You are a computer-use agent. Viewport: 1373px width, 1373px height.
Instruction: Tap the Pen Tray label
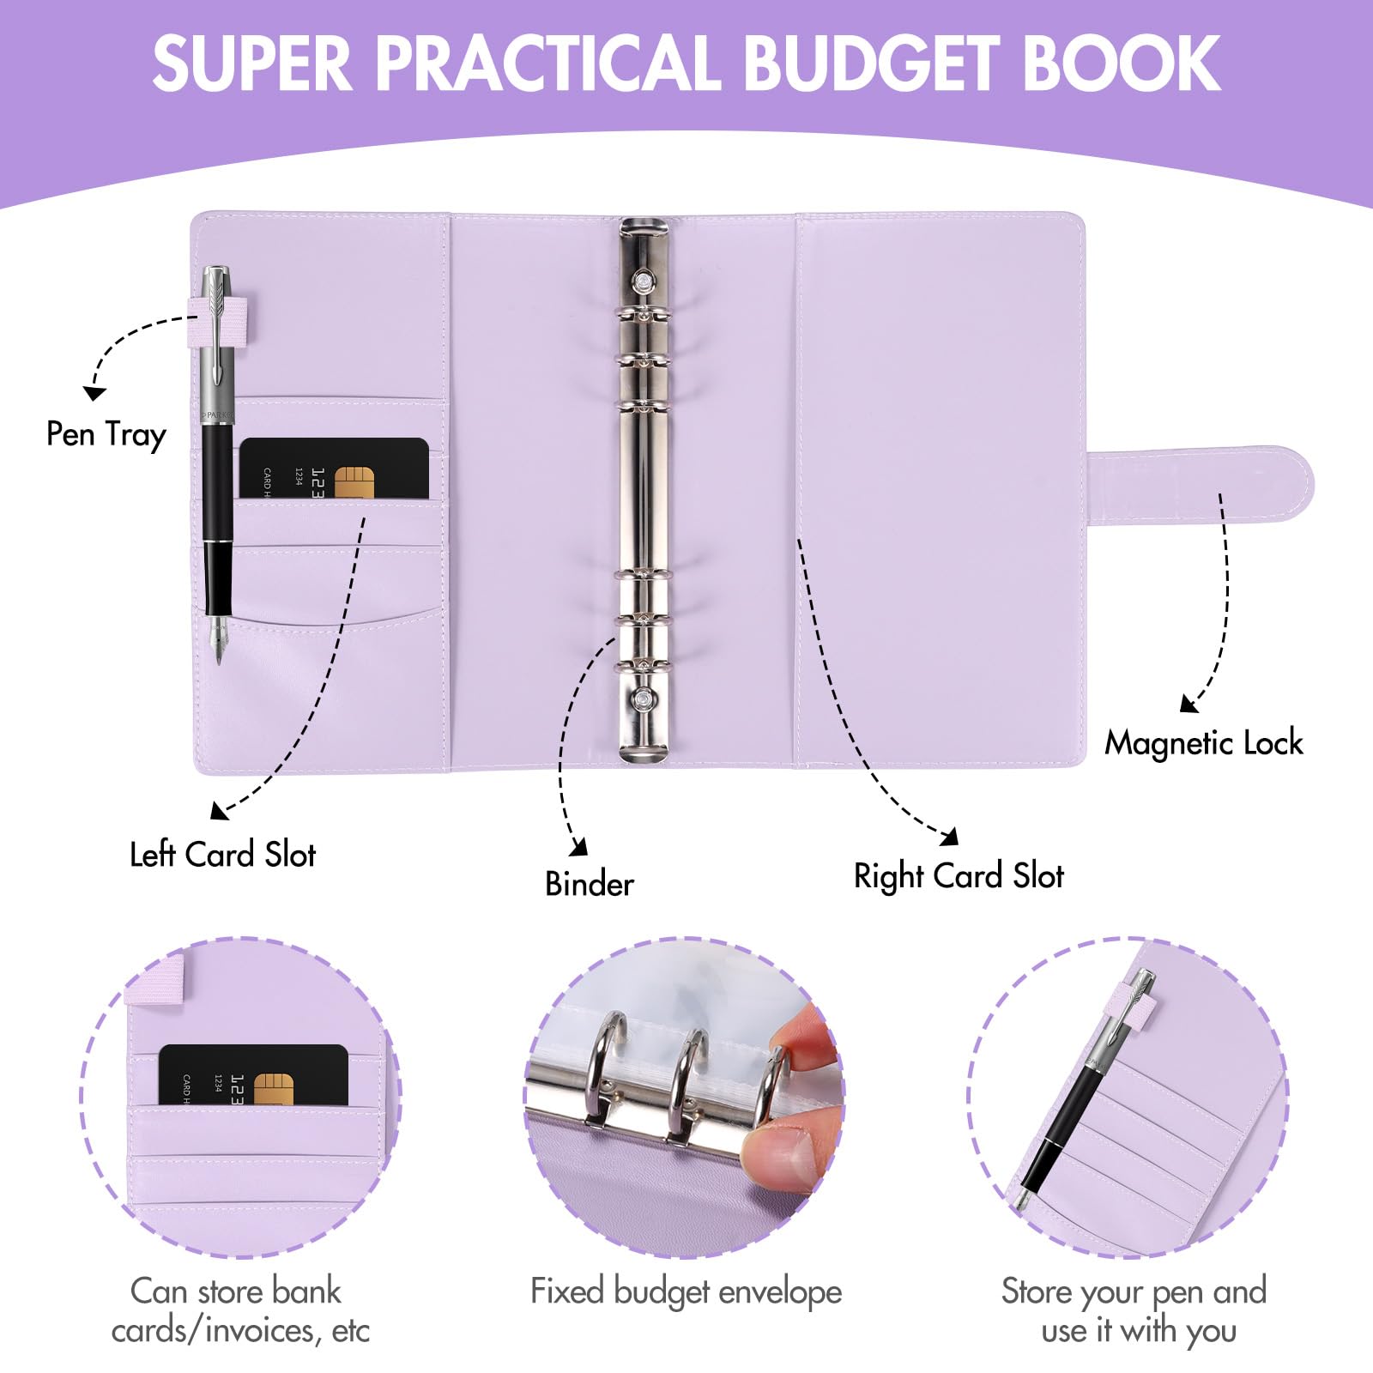106,434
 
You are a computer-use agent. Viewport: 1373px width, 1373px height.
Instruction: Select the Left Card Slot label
222,855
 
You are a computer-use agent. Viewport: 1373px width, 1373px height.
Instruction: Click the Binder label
590,884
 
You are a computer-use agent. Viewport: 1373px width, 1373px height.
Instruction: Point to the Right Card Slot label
959,876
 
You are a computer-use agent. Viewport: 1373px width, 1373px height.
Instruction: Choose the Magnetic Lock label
1203,743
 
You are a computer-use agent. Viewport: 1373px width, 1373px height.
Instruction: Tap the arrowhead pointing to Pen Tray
94,392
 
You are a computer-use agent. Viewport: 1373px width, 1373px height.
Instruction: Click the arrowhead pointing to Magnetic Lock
1188,705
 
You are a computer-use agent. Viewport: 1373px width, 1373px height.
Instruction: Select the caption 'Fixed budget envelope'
686,1291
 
